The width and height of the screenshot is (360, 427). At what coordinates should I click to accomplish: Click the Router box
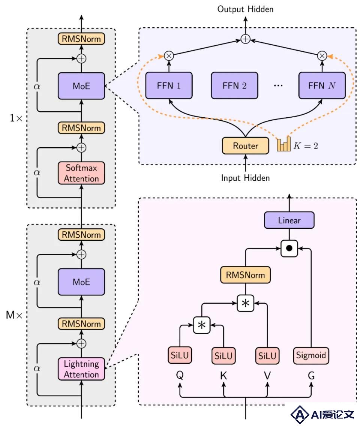(x=245, y=146)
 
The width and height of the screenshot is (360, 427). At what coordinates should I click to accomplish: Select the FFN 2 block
(x=234, y=85)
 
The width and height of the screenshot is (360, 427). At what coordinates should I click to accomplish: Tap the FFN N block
(x=322, y=85)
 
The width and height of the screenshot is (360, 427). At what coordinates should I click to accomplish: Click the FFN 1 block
(x=169, y=85)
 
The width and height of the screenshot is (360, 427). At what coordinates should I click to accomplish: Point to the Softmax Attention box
(x=81, y=173)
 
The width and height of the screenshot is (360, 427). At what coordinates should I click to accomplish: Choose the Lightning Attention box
(x=81, y=369)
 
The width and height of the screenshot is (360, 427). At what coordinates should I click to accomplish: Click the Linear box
(x=289, y=220)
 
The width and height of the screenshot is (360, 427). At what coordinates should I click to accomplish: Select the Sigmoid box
(x=311, y=355)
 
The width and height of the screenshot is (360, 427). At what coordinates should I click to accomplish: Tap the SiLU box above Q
(x=180, y=355)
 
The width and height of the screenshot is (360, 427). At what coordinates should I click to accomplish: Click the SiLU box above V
(x=267, y=355)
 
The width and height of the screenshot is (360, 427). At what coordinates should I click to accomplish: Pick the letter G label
(x=311, y=376)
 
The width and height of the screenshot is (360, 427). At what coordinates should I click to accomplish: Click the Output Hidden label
(x=245, y=9)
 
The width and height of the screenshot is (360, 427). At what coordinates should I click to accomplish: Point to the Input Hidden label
(x=245, y=178)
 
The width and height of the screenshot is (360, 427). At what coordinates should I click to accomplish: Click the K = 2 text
(x=306, y=146)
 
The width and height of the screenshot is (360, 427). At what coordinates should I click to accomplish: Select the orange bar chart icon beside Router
(x=284, y=144)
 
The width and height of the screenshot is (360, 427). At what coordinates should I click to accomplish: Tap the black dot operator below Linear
(x=289, y=248)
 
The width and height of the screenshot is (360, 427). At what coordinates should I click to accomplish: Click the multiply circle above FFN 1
(x=169, y=56)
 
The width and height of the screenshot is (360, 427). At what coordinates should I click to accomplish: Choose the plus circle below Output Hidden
(x=245, y=39)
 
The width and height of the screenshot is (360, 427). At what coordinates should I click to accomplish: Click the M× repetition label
(x=14, y=315)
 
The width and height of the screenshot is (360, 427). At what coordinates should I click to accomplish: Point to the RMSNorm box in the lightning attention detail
(x=245, y=275)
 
